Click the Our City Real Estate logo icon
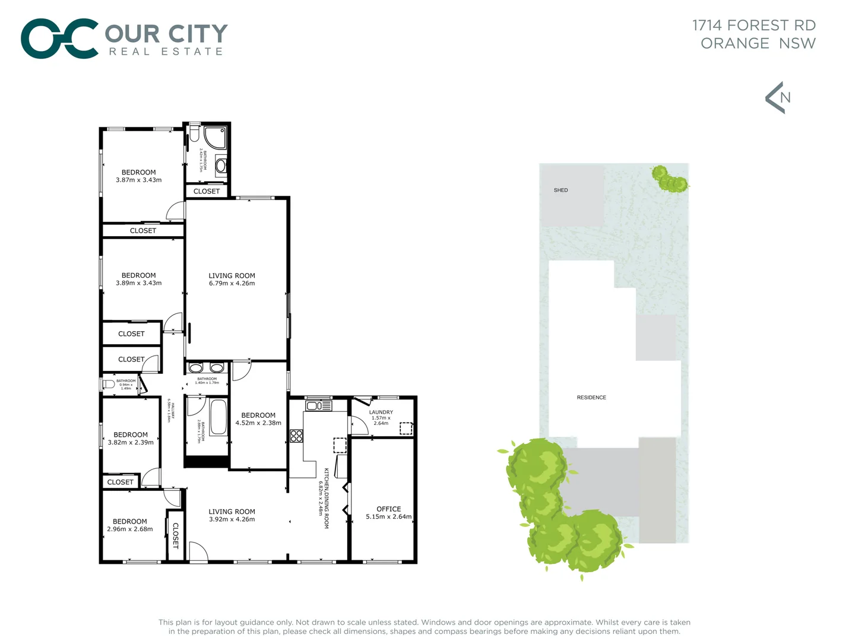pos(59,39)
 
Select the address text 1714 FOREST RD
pos(754,26)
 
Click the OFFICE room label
pos(388,509)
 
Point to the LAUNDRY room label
pos(381,412)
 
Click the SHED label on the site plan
pos(560,190)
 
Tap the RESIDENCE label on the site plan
pos(591,397)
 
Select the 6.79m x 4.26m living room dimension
pos(232,284)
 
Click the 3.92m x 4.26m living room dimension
pos(232,519)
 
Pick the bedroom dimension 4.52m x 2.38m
pos(258,423)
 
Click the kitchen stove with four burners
pos(296,436)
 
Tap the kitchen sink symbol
pos(319,406)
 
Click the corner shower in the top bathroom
pos(215,137)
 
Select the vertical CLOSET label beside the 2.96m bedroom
pos(175,535)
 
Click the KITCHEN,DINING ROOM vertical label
pos(326,498)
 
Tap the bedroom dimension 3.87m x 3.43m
pos(138,180)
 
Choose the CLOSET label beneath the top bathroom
pos(207,191)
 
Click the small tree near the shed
pos(670,179)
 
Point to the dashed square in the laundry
pos(406,428)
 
